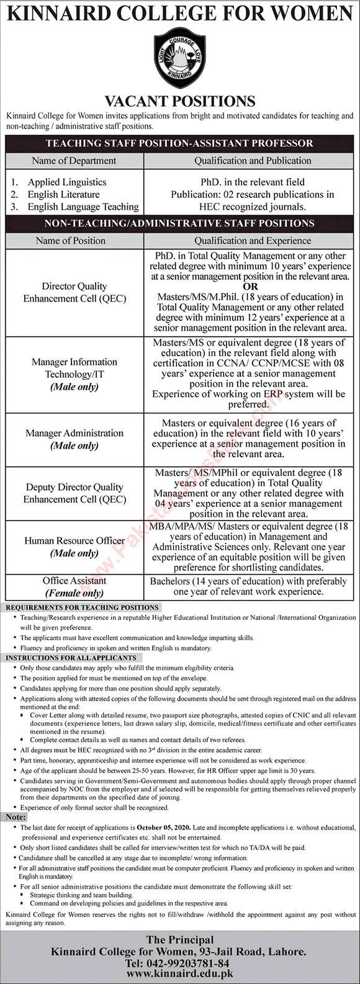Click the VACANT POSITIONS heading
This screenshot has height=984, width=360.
[x=180, y=101]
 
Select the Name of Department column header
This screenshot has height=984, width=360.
[x=74, y=161]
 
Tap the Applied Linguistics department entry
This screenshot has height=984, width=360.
[x=66, y=182]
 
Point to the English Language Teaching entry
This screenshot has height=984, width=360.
[x=83, y=207]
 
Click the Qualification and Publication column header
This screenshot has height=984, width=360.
[x=253, y=161]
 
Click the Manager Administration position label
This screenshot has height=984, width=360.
[x=74, y=433]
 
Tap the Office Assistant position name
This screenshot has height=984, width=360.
[x=74, y=581]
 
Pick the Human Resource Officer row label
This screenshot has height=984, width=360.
[x=74, y=540]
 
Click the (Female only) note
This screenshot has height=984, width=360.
[x=74, y=593]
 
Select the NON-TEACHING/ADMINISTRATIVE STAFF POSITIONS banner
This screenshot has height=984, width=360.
[x=180, y=223]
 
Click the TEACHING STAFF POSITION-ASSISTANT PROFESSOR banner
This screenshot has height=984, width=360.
[x=180, y=143]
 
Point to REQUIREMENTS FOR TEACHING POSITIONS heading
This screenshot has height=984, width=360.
[x=82, y=607]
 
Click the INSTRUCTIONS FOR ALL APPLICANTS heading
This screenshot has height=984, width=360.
[x=71, y=657]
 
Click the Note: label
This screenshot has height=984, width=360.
[x=16, y=817]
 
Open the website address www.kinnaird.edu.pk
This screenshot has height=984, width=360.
[x=180, y=975]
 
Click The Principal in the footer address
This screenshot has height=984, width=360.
[x=180, y=940]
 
